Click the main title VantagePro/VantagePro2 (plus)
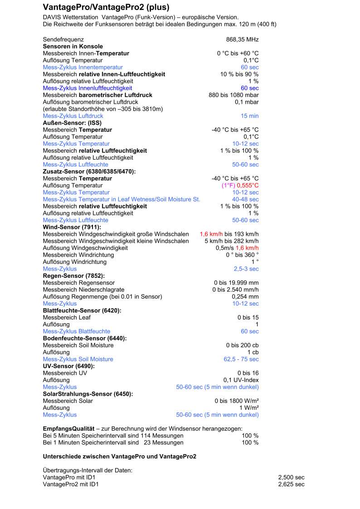[106, 8]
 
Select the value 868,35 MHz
[242, 40]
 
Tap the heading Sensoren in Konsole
[73, 46]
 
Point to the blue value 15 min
[249, 116]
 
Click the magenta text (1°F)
[228, 185]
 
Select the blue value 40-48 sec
[245, 199]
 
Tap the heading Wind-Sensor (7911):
[72, 227]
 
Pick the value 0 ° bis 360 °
[242, 255]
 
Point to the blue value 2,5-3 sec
[246, 269]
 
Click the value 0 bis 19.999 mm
[236, 283]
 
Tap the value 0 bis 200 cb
[242, 345]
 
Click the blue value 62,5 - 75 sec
[241, 359]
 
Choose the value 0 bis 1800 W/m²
[237, 401]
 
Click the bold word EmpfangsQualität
[68, 428]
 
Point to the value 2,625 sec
[291, 485]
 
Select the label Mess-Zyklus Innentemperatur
[83, 67]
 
